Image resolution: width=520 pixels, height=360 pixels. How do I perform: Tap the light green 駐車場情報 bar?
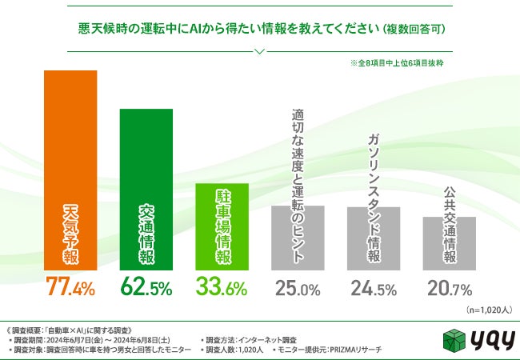click(222, 228)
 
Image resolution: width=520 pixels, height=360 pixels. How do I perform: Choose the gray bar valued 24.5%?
click(374, 239)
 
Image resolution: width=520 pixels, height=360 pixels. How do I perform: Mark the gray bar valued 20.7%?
click(449, 243)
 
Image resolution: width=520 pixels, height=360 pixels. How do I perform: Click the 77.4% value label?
click(70, 287)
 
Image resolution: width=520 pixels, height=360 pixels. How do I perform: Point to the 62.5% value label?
click(146, 287)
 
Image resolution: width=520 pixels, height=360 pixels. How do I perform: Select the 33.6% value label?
click(222, 287)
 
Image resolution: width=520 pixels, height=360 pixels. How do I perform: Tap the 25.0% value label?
click(298, 287)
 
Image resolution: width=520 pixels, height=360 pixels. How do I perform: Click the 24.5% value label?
click(374, 287)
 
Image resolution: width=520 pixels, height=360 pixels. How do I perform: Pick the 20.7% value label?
click(449, 287)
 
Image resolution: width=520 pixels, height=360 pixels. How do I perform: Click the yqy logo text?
click(488, 339)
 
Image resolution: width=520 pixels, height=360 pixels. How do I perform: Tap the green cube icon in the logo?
click(454, 338)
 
